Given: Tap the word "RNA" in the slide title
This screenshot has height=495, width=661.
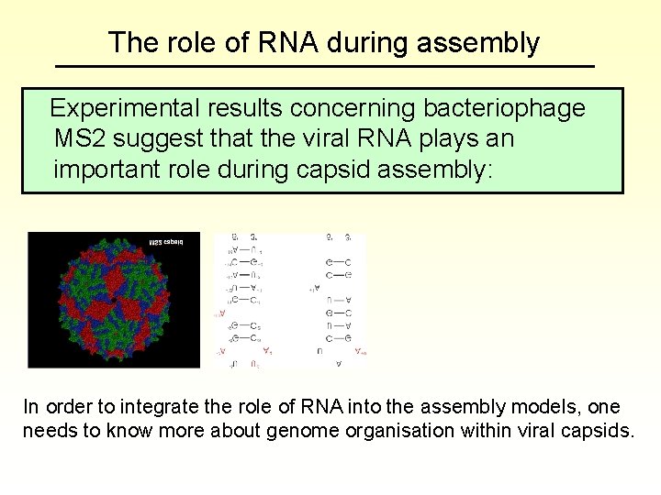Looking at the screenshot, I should pyautogui.click(x=282, y=43).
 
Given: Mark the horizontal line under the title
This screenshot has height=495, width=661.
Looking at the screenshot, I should pyautogui.click(x=325, y=67).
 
